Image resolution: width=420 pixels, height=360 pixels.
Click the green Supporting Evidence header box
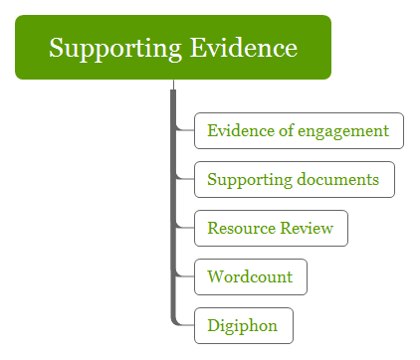[x=173, y=47]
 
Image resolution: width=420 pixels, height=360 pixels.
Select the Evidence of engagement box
[x=299, y=130]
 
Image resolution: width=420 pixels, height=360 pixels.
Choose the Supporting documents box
[x=294, y=180]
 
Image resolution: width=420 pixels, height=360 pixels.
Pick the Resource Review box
[x=271, y=229]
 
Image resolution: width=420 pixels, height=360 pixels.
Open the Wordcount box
[x=250, y=276]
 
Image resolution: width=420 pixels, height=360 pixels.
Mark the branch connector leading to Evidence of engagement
[x=185, y=129]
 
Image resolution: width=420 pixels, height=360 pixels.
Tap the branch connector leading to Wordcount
[x=185, y=275]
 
